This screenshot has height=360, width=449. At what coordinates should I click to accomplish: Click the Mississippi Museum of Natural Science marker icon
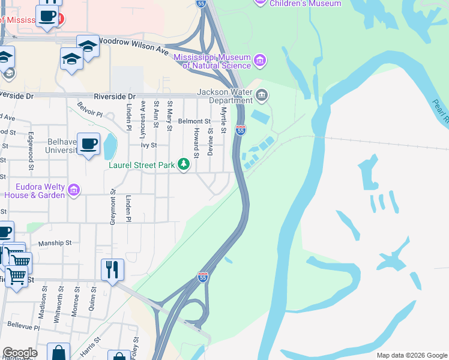[260, 60]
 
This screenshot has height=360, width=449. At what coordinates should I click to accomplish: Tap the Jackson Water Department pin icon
[262, 95]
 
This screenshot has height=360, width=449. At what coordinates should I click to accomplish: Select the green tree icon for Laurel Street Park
[184, 164]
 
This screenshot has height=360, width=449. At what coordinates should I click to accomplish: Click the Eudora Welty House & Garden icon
[74, 190]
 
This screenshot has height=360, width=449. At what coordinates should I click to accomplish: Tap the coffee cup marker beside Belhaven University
[89, 144]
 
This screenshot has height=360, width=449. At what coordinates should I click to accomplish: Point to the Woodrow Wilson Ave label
[133, 46]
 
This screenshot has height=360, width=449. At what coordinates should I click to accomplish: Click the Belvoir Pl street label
[91, 110]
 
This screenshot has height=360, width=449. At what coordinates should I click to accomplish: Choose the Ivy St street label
[148, 145]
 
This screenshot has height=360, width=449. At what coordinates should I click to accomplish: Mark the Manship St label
[55, 243]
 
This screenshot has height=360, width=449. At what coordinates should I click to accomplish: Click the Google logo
[20, 353]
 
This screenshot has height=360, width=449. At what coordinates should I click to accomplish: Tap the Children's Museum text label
[305, 4]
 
